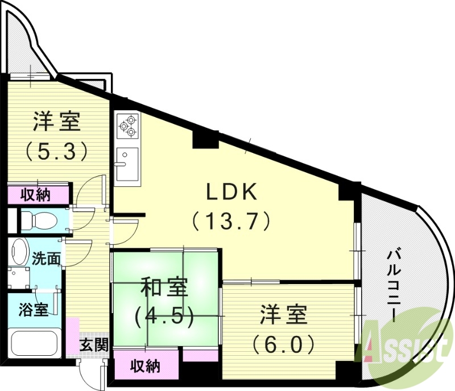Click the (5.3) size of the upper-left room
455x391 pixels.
[x=56, y=150]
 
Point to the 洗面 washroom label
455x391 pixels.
[x=46, y=259]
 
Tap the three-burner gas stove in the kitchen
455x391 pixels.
[x=127, y=126]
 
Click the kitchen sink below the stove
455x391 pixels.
[x=127, y=161]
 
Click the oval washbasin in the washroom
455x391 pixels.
[x=20, y=253]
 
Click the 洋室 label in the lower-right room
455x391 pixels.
[x=284, y=314]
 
